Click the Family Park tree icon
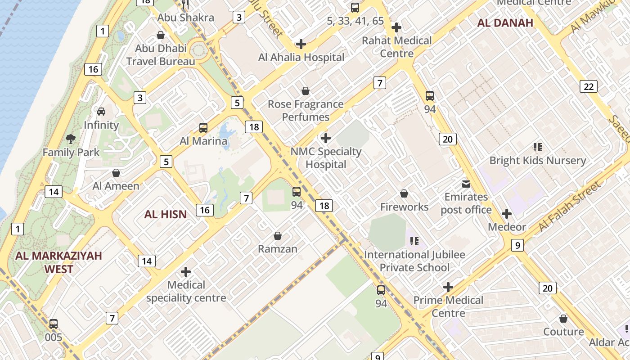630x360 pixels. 70,139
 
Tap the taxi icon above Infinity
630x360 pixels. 101,111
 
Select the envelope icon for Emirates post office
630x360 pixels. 466,184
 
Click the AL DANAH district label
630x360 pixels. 505,23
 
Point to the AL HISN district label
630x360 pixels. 165,214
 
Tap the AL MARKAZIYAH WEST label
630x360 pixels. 58,262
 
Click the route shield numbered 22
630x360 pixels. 589,86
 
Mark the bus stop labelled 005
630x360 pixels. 54,324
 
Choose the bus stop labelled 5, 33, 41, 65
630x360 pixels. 355,7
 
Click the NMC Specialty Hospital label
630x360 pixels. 326,158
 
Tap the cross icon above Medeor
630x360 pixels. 507,214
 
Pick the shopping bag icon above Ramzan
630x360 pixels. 278,236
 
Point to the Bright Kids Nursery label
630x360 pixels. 537,161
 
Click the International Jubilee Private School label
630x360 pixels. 414,261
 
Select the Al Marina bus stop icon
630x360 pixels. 203,128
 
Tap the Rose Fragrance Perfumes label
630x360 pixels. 306,110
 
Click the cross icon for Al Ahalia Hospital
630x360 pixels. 301,44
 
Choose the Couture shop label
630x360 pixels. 563,332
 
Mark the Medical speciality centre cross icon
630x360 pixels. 185,272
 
